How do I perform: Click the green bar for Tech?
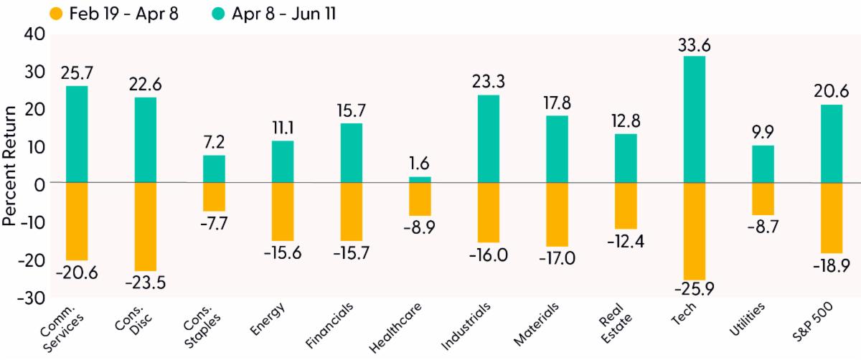[x=694, y=119]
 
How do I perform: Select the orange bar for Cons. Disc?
[x=146, y=227]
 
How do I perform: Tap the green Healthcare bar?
[x=420, y=179]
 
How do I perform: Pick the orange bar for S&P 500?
[x=831, y=218]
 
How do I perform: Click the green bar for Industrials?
[x=488, y=138]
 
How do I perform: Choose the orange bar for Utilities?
[x=763, y=199]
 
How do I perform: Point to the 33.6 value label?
[x=694, y=45]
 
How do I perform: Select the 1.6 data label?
[x=420, y=165]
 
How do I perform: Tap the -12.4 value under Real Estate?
[x=626, y=240]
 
